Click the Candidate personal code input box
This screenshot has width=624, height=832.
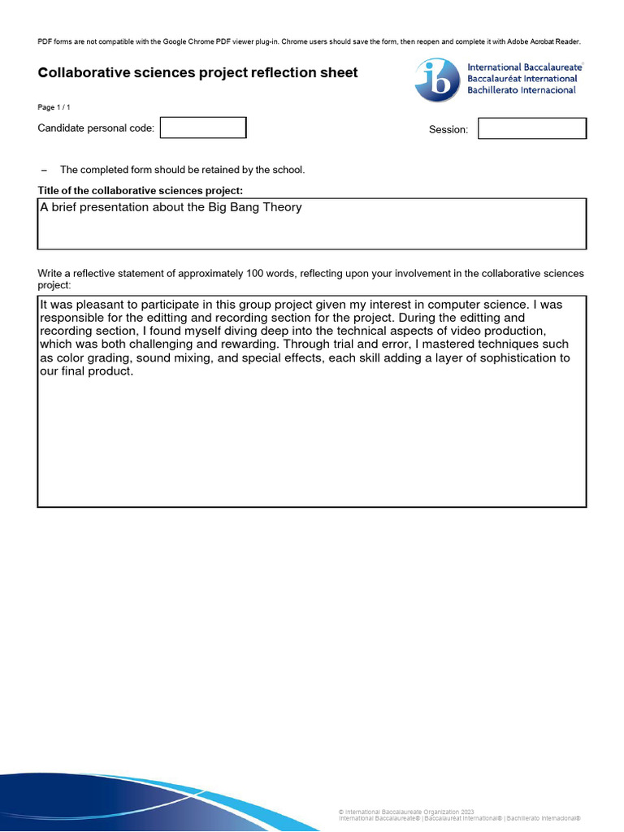click(203, 128)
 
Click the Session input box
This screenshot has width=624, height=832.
click(531, 128)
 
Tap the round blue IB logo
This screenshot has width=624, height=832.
click(438, 80)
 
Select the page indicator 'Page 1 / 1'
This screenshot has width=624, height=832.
click(59, 107)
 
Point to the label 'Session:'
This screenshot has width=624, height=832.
click(448, 130)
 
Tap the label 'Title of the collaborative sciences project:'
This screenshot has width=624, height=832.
click(141, 191)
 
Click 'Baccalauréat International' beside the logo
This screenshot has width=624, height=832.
click(522, 79)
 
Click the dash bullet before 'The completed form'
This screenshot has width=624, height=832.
click(45, 170)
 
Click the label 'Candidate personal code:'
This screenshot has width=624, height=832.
click(96, 128)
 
